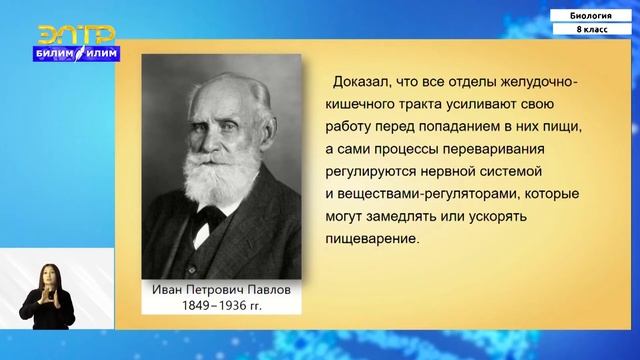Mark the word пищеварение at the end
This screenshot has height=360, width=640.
pyautogui.click(x=369, y=239)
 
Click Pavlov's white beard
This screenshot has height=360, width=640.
pyautogui.click(x=216, y=179)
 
